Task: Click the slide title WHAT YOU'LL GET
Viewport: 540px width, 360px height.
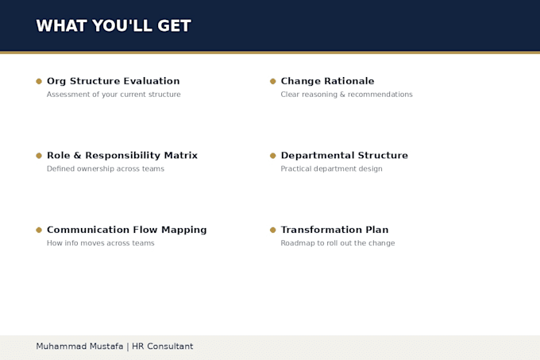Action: pyautogui.click(x=114, y=26)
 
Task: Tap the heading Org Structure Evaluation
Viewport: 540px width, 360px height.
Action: pyautogui.click(x=114, y=81)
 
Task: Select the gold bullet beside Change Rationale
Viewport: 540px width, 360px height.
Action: pyautogui.click(x=272, y=81)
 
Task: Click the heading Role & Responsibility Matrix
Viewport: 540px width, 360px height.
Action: pyautogui.click(x=122, y=156)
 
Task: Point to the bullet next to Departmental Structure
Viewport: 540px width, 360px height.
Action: pyautogui.click(x=272, y=156)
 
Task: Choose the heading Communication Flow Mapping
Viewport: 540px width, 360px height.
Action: pyautogui.click(x=127, y=230)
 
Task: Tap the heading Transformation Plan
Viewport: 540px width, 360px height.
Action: pyautogui.click(x=334, y=230)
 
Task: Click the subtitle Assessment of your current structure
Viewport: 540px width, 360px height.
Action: pyautogui.click(x=114, y=95)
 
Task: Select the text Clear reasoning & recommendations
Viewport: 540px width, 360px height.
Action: pyautogui.click(x=346, y=95)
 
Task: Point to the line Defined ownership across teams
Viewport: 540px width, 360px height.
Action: pyautogui.click(x=106, y=168)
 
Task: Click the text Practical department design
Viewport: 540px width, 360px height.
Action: pyautogui.click(x=331, y=168)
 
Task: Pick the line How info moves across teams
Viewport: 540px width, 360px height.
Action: pyautogui.click(x=101, y=243)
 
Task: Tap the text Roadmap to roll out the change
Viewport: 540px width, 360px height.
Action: pyautogui.click(x=337, y=243)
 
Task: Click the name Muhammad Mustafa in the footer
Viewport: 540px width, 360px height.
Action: pyautogui.click(x=79, y=346)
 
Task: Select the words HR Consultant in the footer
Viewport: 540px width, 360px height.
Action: pyautogui.click(x=163, y=346)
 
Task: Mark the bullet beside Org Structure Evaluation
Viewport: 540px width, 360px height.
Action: pyautogui.click(x=39, y=81)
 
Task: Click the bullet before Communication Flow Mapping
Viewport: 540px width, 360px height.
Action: pyautogui.click(x=39, y=230)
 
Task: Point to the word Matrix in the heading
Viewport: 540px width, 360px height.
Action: pyautogui.click(x=181, y=156)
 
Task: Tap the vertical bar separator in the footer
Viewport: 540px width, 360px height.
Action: pyautogui.click(x=128, y=346)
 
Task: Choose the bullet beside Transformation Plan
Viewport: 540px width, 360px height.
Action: pyautogui.click(x=272, y=230)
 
